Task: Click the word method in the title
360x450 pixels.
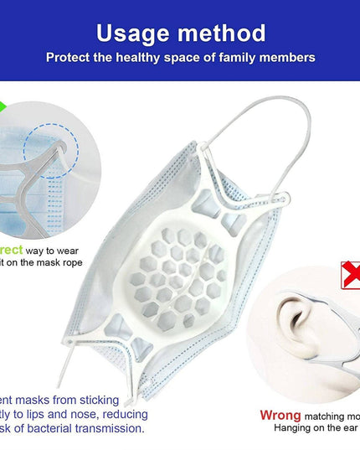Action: [219, 34]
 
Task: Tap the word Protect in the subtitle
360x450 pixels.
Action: [70, 58]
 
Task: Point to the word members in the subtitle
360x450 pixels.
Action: [285, 58]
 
